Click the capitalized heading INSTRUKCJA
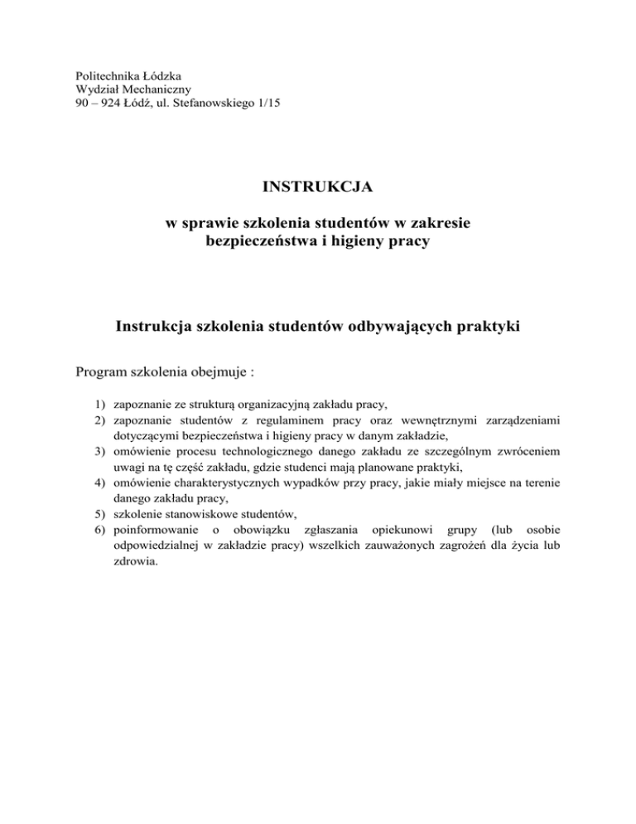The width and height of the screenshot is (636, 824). [319, 188]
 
